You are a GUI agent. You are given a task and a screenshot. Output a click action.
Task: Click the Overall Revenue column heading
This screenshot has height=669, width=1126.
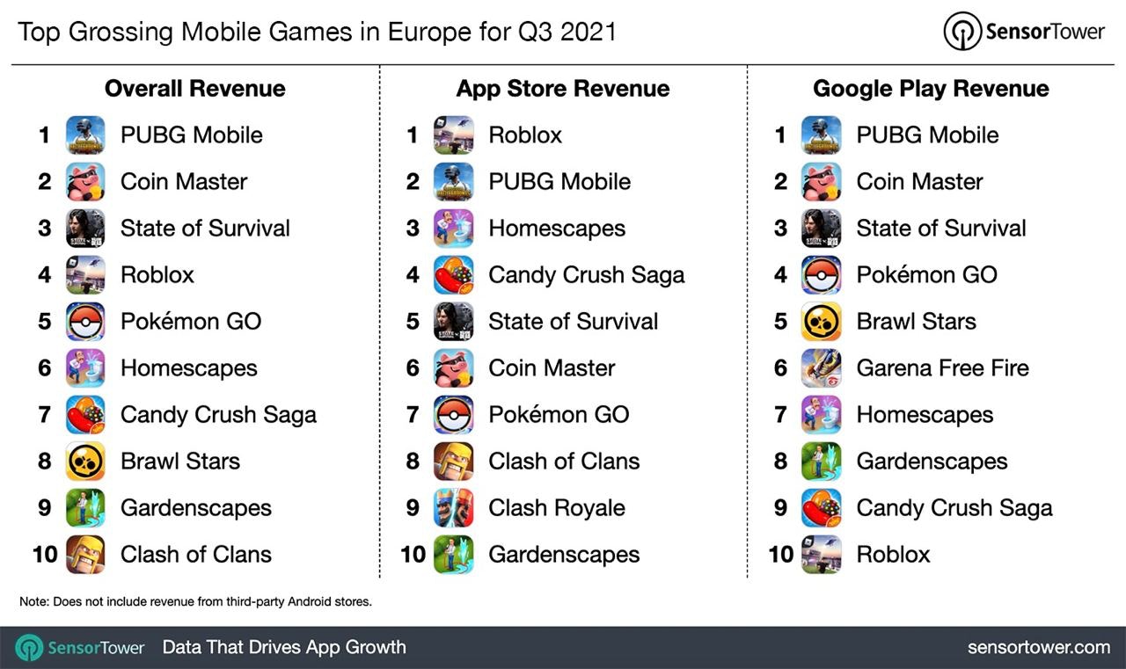(x=194, y=89)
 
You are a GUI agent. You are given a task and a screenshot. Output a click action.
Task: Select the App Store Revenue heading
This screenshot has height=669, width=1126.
(x=562, y=89)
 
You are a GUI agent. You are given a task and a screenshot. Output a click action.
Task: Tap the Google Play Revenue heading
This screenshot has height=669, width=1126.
(x=931, y=89)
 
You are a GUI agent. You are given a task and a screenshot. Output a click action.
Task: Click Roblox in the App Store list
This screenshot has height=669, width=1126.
(x=525, y=135)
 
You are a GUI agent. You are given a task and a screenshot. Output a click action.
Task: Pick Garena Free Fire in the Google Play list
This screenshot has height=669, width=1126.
(x=942, y=368)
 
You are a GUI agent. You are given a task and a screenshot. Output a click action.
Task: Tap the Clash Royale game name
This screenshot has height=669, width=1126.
(x=557, y=508)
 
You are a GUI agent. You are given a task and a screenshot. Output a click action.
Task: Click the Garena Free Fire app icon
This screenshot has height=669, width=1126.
(x=821, y=368)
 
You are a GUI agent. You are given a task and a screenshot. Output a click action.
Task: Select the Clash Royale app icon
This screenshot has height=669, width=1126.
(x=453, y=508)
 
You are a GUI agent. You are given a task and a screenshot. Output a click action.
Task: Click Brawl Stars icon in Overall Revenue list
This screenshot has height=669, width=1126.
(x=85, y=462)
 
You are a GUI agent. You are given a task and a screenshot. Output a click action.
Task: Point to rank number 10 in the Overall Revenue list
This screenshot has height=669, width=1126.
(x=44, y=555)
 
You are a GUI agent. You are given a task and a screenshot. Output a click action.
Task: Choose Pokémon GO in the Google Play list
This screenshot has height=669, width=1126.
(x=926, y=275)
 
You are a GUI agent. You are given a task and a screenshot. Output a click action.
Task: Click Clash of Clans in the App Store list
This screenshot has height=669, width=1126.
(x=564, y=462)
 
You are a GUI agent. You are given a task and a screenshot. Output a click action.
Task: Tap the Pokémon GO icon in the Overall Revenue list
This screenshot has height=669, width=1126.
(x=85, y=322)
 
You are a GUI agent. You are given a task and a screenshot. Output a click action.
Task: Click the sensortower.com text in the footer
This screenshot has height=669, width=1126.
(x=1038, y=648)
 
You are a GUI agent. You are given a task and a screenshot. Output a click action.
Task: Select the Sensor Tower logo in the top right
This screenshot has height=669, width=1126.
(x=1023, y=32)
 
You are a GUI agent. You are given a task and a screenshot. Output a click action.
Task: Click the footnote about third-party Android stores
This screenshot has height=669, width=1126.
(x=195, y=602)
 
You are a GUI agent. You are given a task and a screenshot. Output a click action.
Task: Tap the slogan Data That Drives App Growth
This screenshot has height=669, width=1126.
(x=284, y=648)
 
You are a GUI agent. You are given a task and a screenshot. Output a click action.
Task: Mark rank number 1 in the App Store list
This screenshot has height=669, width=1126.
(x=413, y=135)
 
